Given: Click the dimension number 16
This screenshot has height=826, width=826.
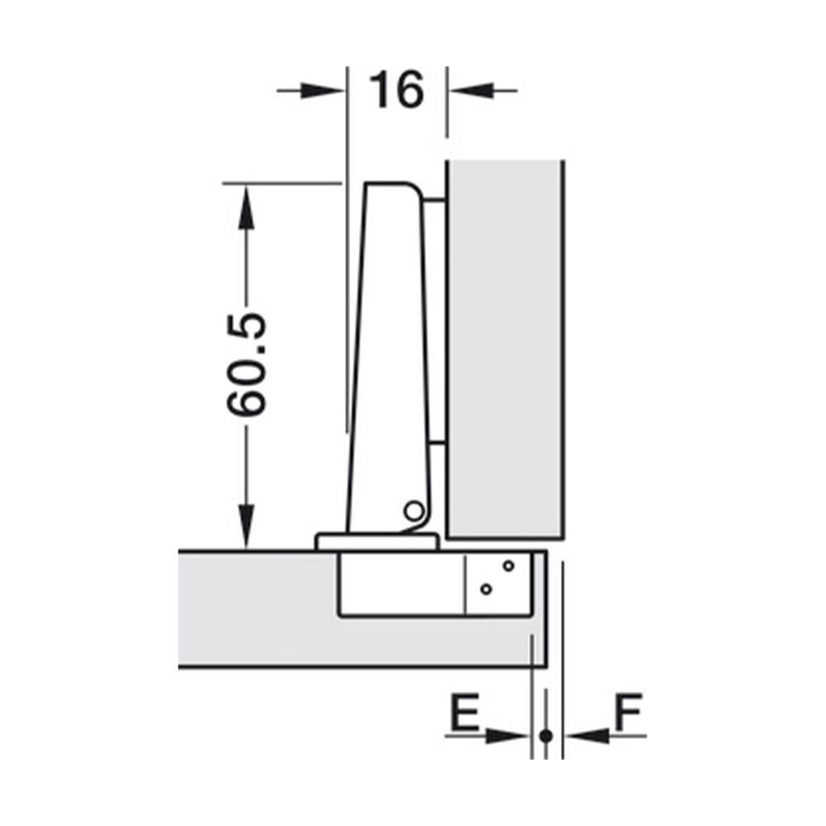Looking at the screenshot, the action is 396,91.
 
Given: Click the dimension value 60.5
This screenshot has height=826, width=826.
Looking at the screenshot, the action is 246,364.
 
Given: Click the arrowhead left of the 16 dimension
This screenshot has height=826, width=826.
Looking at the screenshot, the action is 322,91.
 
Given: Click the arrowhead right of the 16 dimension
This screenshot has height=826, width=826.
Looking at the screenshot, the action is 472,91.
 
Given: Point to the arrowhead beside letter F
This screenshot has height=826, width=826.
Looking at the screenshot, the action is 587,736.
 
